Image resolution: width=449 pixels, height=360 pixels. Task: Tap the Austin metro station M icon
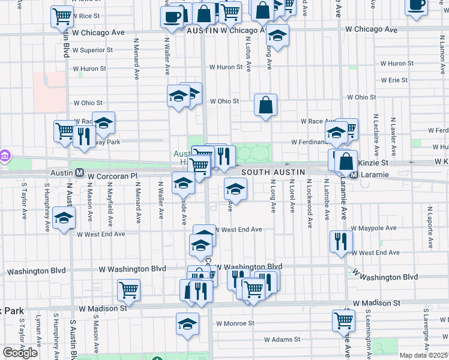(79, 173)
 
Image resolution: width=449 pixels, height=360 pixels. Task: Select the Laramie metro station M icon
(354, 175)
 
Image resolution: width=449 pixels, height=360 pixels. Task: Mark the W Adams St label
(282, 340)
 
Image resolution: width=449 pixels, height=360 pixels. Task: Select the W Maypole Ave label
(374, 229)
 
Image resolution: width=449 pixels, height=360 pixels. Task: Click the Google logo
(20, 353)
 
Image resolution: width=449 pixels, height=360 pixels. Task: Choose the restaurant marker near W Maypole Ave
(340, 241)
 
